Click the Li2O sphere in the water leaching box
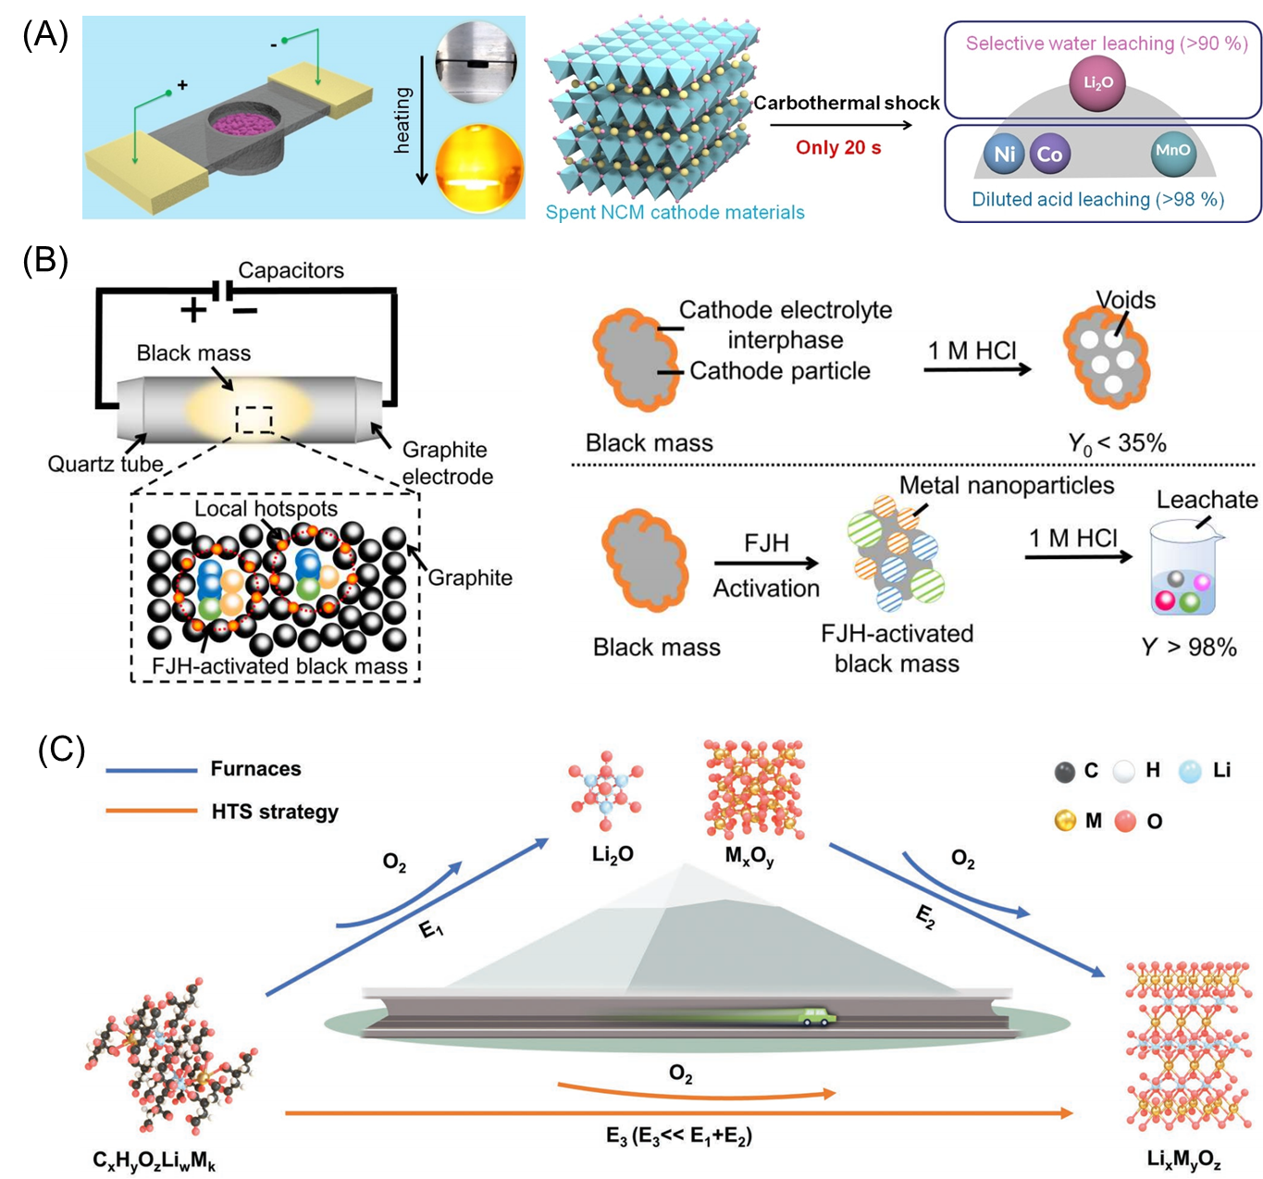point(1097,82)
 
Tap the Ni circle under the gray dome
point(1004,154)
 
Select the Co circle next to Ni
point(1049,154)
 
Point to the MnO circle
point(1172,152)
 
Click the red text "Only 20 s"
point(838,148)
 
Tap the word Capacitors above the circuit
point(291,270)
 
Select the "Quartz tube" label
point(105,464)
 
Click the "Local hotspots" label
point(266,508)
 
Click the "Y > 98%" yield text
point(1189,647)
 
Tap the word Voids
point(1126,300)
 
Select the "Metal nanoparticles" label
point(1007,485)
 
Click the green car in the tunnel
point(813,1017)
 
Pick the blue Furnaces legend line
point(152,770)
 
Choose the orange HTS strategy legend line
point(152,812)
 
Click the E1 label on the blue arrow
point(431,927)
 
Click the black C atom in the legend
point(1065,772)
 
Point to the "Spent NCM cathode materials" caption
point(675,212)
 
